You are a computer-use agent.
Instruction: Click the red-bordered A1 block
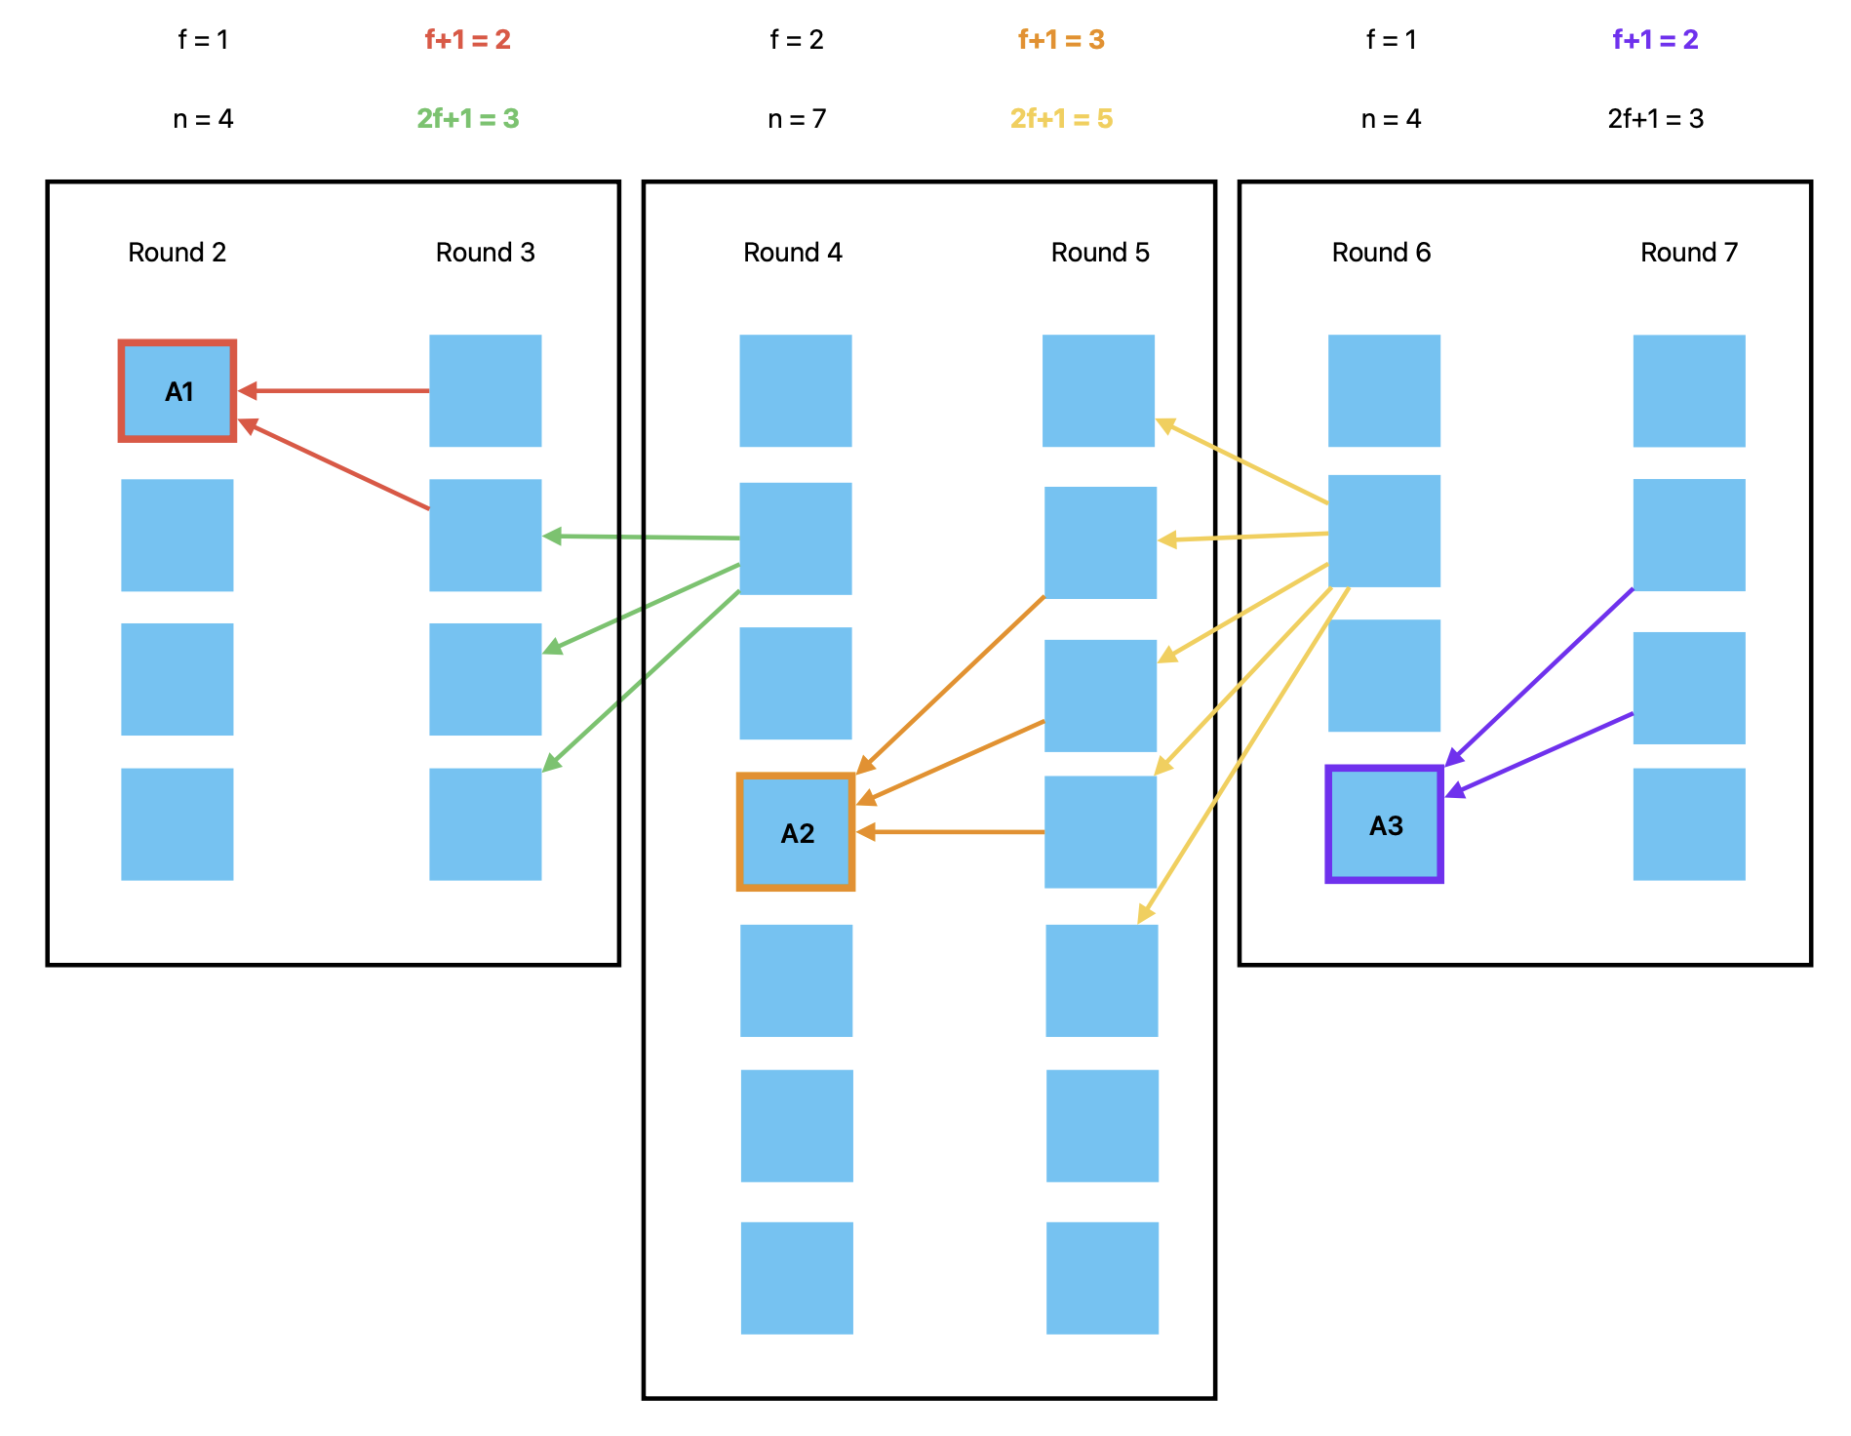(x=177, y=391)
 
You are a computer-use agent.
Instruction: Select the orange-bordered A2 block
(x=796, y=832)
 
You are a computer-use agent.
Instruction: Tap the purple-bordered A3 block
(x=1384, y=824)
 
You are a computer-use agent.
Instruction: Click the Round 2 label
(x=177, y=253)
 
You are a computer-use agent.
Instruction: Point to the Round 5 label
(x=1100, y=253)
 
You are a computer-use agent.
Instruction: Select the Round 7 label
(x=1689, y=253)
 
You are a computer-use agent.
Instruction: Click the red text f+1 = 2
(x=468, y=40)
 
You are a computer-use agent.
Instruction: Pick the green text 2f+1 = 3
(x=468, y=119)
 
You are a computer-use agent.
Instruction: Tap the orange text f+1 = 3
(x=1061, y=40)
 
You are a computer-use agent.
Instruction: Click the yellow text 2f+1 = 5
(x=1061, y=119)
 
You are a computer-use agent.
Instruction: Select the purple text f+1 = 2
(x=1655, y=40)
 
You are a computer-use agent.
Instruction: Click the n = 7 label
(x=797, y=119)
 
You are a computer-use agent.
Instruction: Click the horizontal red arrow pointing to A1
(x=336, y=391)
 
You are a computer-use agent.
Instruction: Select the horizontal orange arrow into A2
(x=951, y=832)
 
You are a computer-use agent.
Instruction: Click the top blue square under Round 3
(x=486, y=391)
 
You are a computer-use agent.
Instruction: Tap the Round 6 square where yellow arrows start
(x=1384, y=531)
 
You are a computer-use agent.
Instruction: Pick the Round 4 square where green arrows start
(x=796, y=538)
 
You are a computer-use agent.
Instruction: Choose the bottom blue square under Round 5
(x=1102, y=1278)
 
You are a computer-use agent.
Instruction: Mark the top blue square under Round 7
(x=1689, y=391)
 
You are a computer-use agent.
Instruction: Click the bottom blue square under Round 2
(x=177, y=824)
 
